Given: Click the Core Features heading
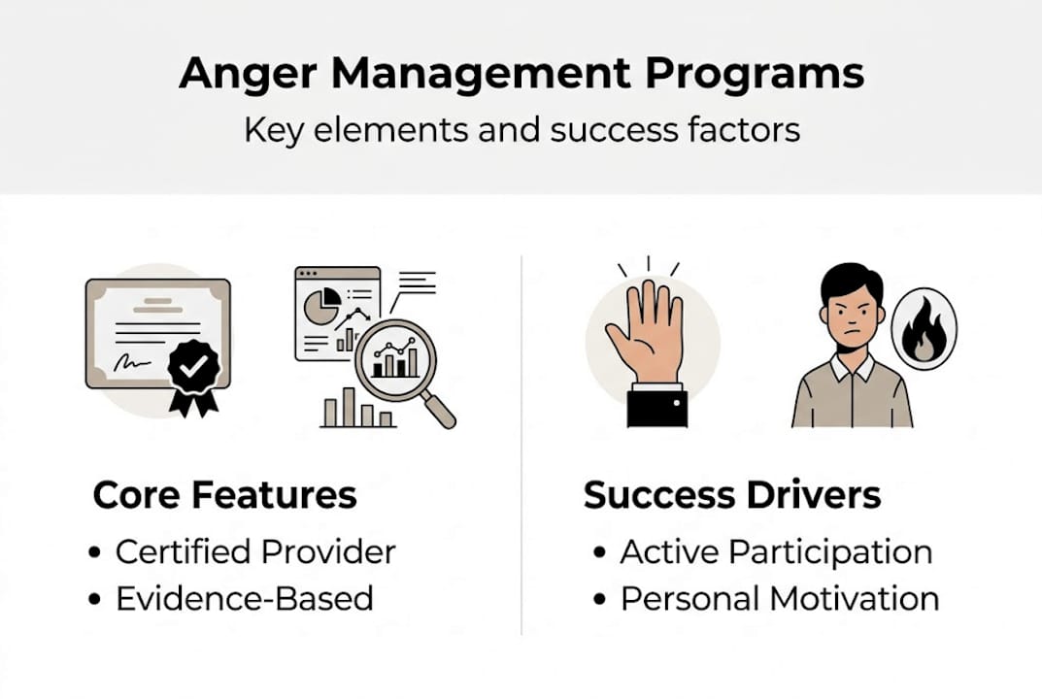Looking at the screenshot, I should (224, 495).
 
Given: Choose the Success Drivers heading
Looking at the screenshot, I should (731, 495).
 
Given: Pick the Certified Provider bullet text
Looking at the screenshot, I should (254, 551).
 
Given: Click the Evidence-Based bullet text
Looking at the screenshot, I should (244, 598).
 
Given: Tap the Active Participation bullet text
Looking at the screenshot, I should (775, 551).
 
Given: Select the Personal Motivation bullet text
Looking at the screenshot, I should (779, 598).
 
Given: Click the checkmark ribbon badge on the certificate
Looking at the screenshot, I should (193, 367).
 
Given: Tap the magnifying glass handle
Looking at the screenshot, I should (440, 412).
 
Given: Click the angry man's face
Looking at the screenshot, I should (852, 313).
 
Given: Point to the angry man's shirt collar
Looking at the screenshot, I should (852, 368).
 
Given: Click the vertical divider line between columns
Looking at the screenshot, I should (521, 447).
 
